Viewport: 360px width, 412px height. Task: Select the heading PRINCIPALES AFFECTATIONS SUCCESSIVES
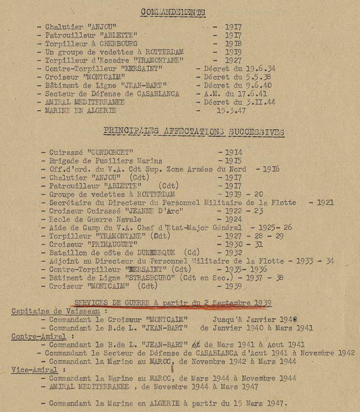click(193, 132)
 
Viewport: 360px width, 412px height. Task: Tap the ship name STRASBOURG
click(133, 277)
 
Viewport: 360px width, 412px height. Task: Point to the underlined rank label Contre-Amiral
click(35, 336)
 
